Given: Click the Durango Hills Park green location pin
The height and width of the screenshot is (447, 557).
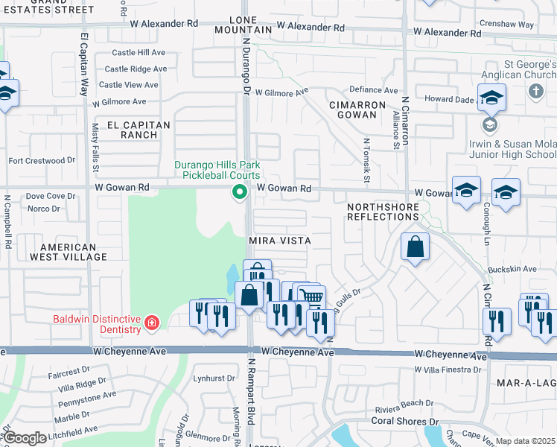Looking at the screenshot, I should click(240, 193).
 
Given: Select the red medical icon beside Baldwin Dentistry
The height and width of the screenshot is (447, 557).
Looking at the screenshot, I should click(152, 323).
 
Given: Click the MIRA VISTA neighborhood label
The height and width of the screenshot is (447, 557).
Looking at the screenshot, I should click(279, 241).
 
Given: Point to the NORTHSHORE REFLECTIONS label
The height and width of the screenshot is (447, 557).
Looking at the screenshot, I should click(383, 211).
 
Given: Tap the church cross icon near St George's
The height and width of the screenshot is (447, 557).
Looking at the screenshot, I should click(535, 91).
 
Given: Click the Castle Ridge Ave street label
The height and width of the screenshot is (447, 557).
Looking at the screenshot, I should click(139, 69).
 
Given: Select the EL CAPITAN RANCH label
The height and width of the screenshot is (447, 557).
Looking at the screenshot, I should click(138, 130).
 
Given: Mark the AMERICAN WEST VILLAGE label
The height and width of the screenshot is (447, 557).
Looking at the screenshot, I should click(69, 252).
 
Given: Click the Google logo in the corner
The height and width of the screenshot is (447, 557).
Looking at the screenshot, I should click(25, 438).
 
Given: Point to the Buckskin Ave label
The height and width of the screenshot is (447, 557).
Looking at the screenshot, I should click(512, 268).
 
